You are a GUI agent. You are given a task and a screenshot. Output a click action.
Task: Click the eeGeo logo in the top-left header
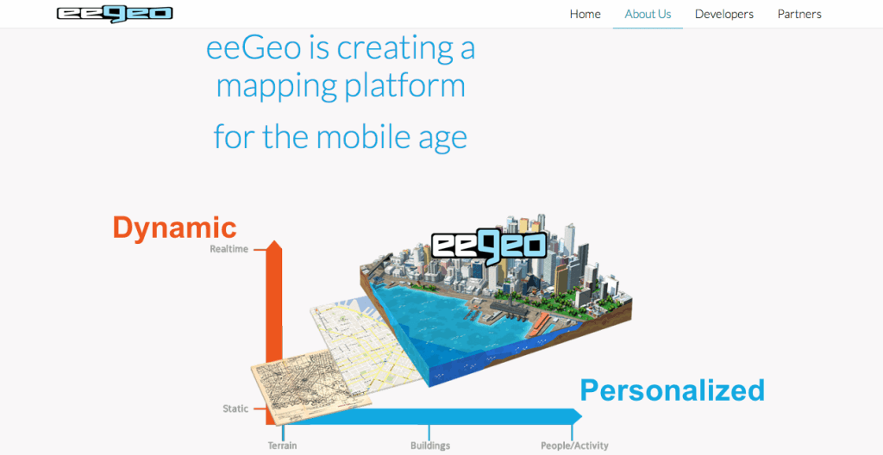(x=115, y=14)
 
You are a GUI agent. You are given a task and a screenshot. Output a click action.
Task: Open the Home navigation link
(x=585, y=14)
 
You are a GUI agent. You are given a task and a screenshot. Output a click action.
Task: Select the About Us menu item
(x=648, y=14)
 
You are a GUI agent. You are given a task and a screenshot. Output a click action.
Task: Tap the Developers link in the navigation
(x=723, y=14)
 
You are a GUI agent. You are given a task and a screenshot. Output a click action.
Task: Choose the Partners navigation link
(x=799, y=14)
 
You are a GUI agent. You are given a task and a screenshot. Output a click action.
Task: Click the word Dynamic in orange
(x=174, y=227)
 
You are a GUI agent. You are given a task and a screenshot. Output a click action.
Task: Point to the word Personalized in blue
(x=672, y=390)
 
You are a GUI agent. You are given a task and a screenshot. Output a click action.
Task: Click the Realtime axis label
(x=229, y=249)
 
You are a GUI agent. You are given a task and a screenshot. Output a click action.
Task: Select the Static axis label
(x=235, y=408)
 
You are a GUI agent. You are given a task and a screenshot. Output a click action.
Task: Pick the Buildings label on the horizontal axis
(x=429, y=446)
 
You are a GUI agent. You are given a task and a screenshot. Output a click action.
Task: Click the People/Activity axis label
(x=573, y=446)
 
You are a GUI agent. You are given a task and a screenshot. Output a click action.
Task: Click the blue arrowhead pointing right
(x=575, y=416)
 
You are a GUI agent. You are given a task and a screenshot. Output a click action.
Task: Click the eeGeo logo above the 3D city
(x=488, y=245)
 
